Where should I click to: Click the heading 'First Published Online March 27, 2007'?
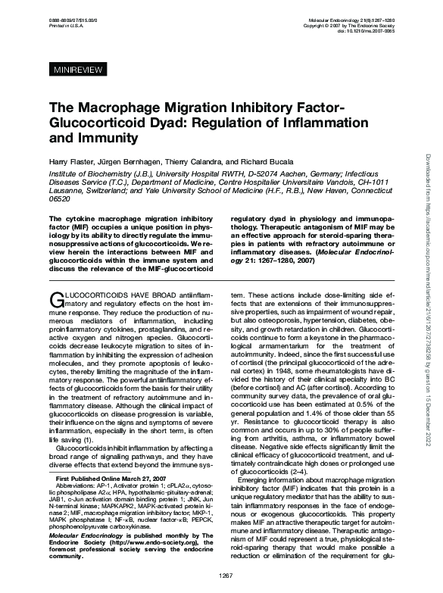tap(112, 479)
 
